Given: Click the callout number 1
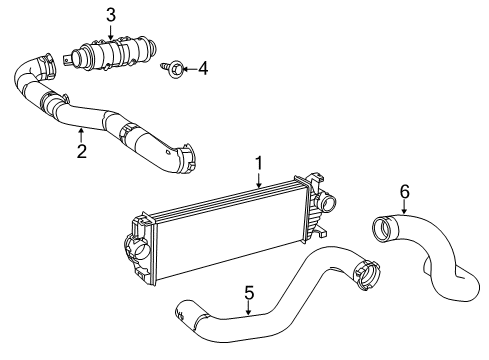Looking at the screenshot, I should (x=258, y=162).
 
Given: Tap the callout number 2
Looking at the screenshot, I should (x=82, y=151).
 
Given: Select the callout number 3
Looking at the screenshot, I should (x=111, y=14).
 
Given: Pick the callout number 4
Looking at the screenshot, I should (x=203, y=69).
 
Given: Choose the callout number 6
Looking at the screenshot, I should (x=404, y=191).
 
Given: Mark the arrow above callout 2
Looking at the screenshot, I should (x=82, y=134).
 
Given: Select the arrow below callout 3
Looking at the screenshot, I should (x=111, y=31).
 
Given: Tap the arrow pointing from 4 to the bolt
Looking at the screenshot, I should (x=187, y=69).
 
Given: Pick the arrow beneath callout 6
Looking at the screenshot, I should (x=404, y=208).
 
